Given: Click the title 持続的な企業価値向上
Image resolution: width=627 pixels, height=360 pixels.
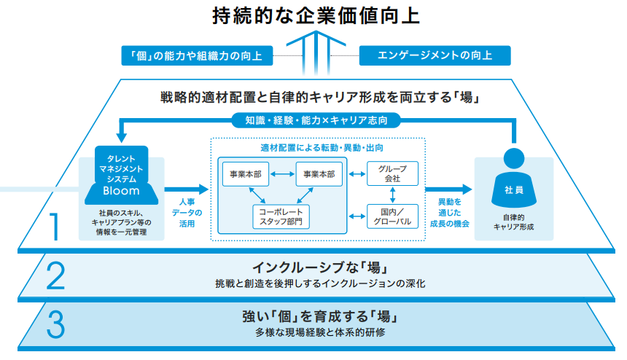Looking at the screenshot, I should pos(315,15).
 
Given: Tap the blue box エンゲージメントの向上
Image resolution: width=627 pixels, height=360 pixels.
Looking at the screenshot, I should pos(435,55).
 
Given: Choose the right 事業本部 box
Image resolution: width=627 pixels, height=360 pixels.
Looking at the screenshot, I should pos(319,175).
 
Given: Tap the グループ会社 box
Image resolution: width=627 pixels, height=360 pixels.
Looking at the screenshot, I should pos(392,174).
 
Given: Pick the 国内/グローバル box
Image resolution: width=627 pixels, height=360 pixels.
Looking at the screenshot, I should pos(392,216).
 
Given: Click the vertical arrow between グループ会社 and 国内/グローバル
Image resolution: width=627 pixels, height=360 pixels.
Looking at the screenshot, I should pos(392,195).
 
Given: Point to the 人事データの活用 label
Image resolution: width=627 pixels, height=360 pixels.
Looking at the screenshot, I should pos(187,212).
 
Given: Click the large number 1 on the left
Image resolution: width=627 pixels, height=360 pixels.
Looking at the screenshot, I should pos(54,226).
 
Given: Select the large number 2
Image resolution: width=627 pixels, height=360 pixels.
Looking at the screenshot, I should pos(55,275).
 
